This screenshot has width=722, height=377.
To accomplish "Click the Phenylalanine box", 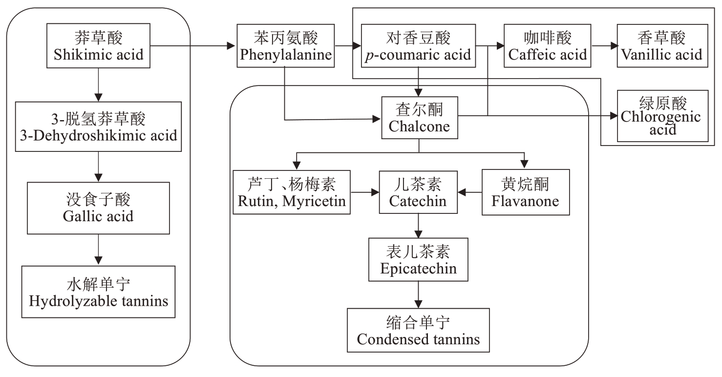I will click(286, 46).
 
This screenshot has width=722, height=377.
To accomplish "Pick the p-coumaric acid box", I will click(418, 46).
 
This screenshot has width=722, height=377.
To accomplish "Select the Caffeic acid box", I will click(548, 46).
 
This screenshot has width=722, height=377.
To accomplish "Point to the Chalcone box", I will click(419, 117).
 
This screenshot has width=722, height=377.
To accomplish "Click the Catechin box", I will click(418, 192).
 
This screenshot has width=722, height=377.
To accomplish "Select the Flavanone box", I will click(526, 192).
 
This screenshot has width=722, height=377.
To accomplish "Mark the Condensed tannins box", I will click(418, 330).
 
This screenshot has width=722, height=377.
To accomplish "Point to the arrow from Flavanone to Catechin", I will click(470, 192).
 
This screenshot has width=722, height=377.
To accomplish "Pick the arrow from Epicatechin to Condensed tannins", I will click(419, 295).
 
